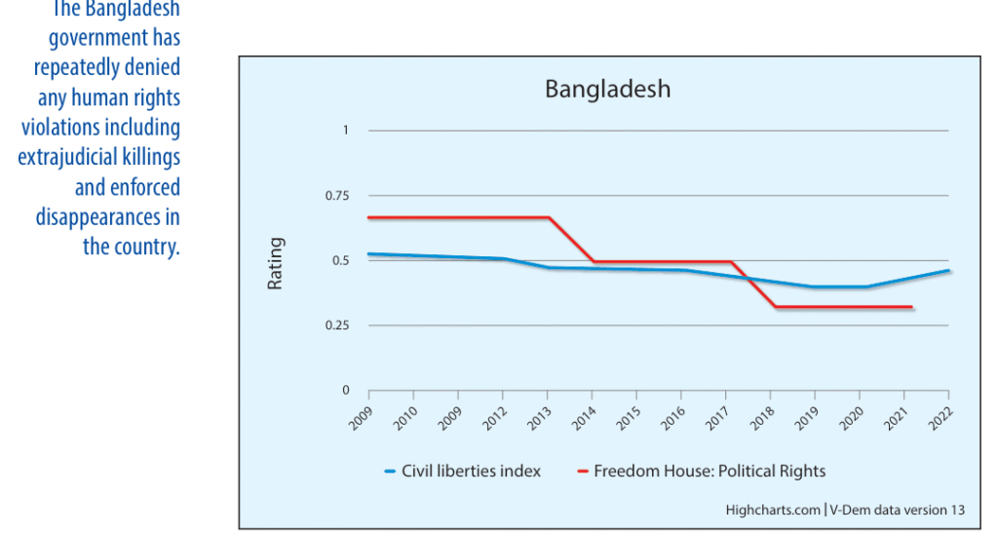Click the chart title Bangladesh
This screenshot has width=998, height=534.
(x=608, y=89)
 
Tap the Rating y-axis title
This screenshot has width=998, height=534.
(x=275, y=263)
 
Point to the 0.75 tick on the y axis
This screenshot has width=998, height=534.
(x=337, y=196)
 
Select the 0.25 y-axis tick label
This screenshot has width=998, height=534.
(x=337, y=325)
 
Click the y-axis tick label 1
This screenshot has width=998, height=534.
(x=346, y=131)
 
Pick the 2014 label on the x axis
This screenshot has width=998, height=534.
(x=584, y=418)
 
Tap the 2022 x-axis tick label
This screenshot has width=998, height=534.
(x=940, y=418)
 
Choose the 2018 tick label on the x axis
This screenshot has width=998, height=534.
(x=762, y=418)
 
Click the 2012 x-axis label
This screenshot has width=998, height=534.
(x=494, y=418)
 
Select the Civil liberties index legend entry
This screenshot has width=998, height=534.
(x=463, y=471)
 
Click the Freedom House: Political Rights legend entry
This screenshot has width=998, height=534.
(x=702, y=471)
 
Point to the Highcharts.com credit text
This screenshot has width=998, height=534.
(x=773, y=510)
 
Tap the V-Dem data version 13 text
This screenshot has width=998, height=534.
(x=898, y=510)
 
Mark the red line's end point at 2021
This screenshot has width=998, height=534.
(x=911, y=307)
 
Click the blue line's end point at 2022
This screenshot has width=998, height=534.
(x=948, y=271)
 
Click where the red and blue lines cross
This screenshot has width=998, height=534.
(x=748, y=279)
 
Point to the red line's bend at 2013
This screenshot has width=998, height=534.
(x=549, y=217)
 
